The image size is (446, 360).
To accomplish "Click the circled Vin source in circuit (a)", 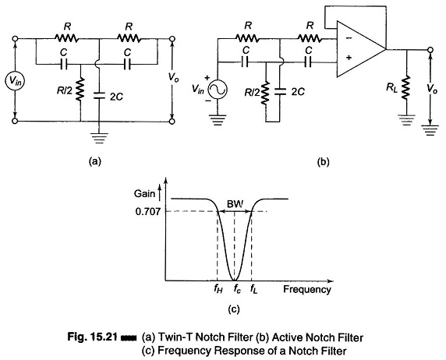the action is tap(15, 81).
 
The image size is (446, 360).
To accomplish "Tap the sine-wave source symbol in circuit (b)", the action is tap(218, 90).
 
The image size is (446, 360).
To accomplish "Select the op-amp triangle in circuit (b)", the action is tap(361, 49).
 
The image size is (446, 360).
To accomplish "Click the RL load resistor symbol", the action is tap(407, 87).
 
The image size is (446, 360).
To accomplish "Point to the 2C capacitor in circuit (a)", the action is tap(99, 95).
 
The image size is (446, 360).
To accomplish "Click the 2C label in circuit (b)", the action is tap(298, 92).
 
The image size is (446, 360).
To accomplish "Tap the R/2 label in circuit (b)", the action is tap(251, 93).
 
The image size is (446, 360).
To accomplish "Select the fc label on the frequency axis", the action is tap(237, 289).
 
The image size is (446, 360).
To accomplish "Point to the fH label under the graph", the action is tap(218, 289).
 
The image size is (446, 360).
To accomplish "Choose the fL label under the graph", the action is tap(253, 289).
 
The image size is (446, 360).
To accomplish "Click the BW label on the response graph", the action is tap(235, 204).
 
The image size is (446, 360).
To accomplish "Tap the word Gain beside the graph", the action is tap(144, 194).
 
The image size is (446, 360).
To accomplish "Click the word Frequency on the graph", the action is tap(307, 289).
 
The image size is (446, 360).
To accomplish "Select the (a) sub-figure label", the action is tap(94, 161).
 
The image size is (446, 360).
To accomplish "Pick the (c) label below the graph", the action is tap(234, 309).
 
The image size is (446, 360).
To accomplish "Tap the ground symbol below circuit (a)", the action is tap(99, 137).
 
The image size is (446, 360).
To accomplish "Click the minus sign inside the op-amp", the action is tap(349, 38).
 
